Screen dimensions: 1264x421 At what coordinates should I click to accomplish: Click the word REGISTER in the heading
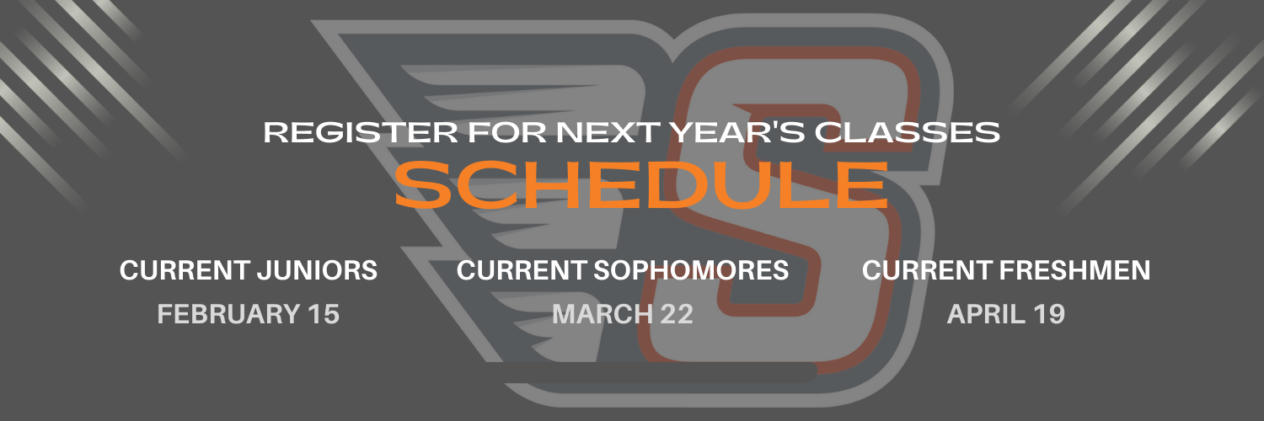(361, 132)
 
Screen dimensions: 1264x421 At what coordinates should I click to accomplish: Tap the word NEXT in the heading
(608, 132)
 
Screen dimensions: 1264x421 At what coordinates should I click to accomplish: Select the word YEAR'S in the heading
(737, 132)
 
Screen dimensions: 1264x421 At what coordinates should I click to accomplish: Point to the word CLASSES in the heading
(907, 132)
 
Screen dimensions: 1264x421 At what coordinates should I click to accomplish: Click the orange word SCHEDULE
(642, 185)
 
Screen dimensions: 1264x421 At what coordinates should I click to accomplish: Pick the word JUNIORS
(318, 270)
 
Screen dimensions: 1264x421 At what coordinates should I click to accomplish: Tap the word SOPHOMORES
(691, 270)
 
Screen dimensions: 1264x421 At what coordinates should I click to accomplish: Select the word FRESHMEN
(1075, 270)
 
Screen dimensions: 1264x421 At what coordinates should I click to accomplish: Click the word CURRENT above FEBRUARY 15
(185, 270)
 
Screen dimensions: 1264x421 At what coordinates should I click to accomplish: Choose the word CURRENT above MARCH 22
(522, 270)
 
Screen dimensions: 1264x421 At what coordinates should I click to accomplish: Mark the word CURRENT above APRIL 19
(927, 270)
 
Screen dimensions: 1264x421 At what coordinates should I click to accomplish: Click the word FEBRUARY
(228, 314)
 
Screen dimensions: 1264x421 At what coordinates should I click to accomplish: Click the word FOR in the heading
(507, 132)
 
